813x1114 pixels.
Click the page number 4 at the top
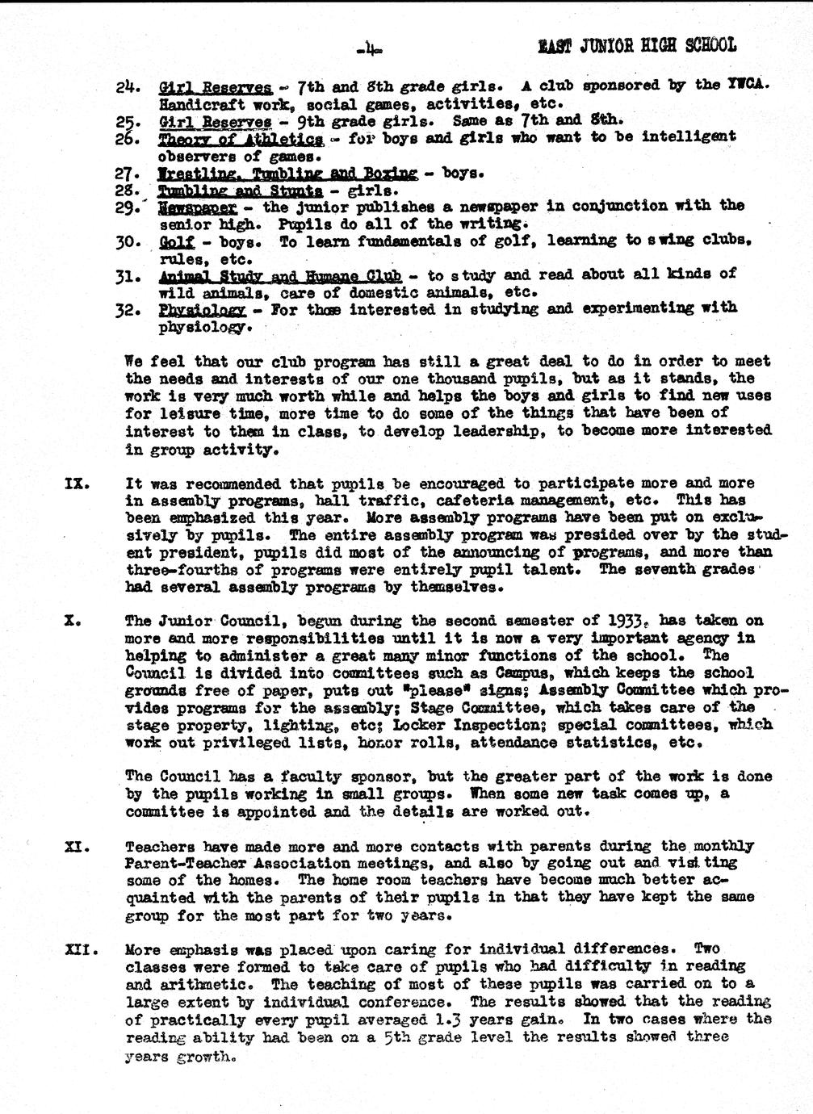click(x=368, y=50)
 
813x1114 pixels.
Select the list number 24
click(x=128, y=86)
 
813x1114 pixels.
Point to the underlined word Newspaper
click(x=198, y=207)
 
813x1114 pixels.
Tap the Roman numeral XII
click(x=80, y=950)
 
